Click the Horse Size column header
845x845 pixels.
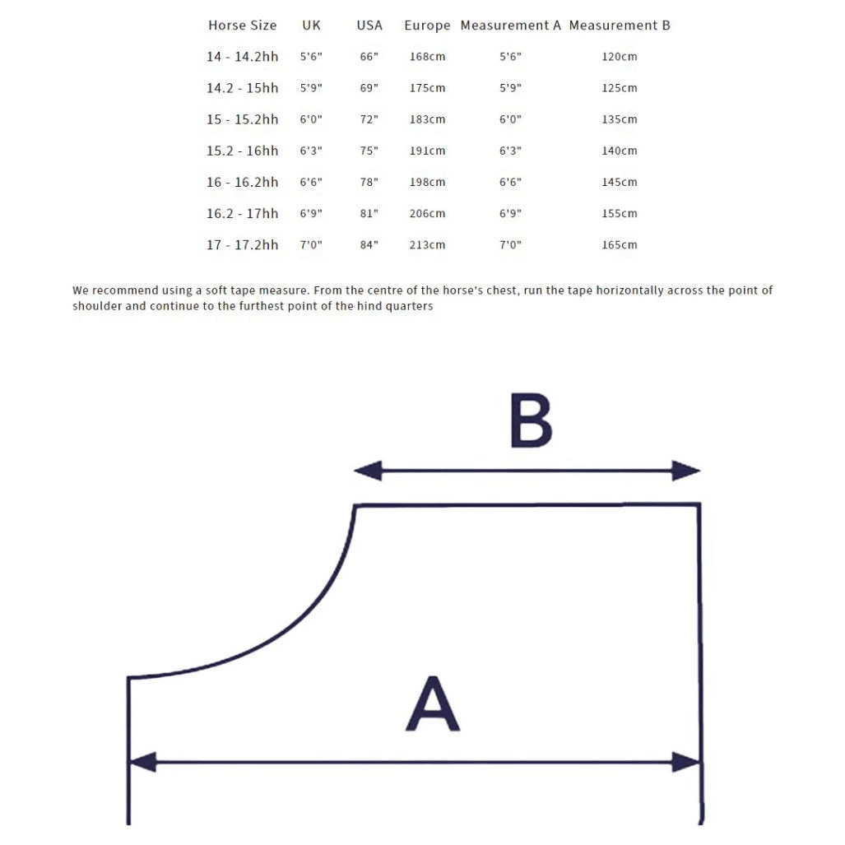pyautogui.click(x=242, y=26)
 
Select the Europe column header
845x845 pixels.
pyautogui.click(x=427, y=26)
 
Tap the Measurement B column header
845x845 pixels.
pyautogui.click(x=620, y=26)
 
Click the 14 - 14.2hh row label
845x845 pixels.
pyautogui.click(x=242, y=57)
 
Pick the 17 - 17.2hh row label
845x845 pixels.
pyautogui.click(x=242, y=245)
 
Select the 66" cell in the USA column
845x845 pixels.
pyautogui.click(x=369, y=57)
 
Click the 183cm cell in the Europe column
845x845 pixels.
pyautogui.click(x=427, y=120)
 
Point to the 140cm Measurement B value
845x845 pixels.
pyautogui.click(x=619, y=151)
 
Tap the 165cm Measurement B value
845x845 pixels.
pyautogui.click(x=619, y=245)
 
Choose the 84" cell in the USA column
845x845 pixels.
pyautogui.click(x=369, y=245)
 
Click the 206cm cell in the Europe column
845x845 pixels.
pyautogui.click(x=427, y=214)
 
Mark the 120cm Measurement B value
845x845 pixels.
pyautogui.click(x=619, y=57)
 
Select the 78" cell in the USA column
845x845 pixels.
pyautogui.click(x=369, y=183)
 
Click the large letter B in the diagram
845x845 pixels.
pyautogui.click(x=531, y=420)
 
